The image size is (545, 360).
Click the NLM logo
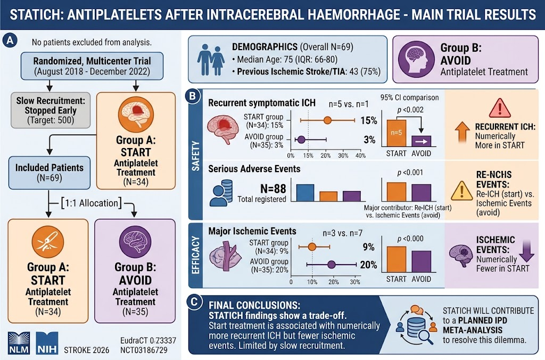(x=19, y=342)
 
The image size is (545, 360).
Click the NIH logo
(x=47, y=342)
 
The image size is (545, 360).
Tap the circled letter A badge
(x=10, y=40)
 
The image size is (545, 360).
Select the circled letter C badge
(x=194, y=302)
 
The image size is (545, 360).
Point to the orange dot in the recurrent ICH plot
(x=327, y=120)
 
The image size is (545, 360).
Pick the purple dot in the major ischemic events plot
(x=332, y=265)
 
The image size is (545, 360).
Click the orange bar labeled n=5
(x=396, y=133)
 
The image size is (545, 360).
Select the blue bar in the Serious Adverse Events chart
(x=305, y=193)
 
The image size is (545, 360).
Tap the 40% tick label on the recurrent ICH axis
(x=360, y=156)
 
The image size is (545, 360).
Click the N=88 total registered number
(x=273, y=189)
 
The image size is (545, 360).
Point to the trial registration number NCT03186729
(x=144, y=350)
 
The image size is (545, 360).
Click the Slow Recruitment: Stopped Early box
(x=51, y=110)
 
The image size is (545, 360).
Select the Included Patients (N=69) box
(x=49, y=173)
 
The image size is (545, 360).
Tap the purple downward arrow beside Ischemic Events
(x=527, y=251)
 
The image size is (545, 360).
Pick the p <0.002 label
(x=410, y=110)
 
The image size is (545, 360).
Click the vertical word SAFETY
(x=196, y=156)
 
